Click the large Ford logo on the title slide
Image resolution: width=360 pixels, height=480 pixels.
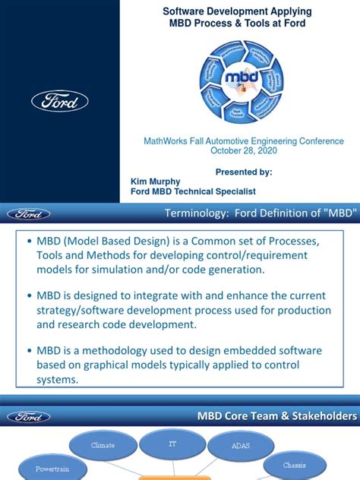click(60, 101)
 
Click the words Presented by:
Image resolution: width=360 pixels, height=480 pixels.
click(244, 172)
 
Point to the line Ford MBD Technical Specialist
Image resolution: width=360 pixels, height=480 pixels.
click(193, 192)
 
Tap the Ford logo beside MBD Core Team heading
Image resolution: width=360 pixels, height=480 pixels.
click(29, 416)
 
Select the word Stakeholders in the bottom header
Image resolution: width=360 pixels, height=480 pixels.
click(322, 416)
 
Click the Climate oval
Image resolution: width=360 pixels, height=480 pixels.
click(103, 445)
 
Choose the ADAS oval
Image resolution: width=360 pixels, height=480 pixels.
click(240, 446)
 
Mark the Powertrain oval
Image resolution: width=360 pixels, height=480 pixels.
click(52, 469)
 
